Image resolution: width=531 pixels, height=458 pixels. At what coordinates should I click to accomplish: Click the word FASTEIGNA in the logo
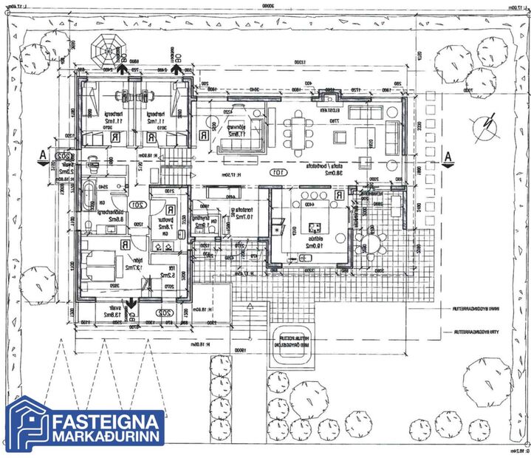click(x=109, y=422)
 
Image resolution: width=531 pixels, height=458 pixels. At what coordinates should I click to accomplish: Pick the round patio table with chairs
click(x=374, y=243)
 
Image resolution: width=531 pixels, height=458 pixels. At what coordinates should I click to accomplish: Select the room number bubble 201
click(x=137, y=205)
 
